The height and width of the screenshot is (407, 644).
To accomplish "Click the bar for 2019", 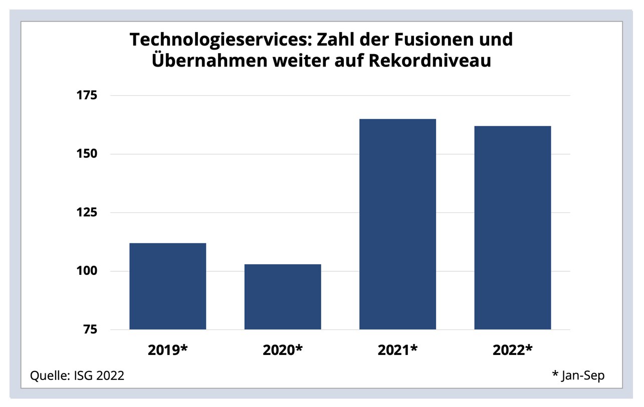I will (167, 286).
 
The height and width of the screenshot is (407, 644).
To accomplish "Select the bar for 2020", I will (283, 296).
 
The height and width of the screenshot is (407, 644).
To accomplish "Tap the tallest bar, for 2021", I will (398, 224).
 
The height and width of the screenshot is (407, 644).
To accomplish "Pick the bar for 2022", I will (513, 227).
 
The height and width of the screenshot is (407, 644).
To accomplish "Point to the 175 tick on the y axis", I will (88, 95).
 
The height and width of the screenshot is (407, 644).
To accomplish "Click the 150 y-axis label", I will (88, 154).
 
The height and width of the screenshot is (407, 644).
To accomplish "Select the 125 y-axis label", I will (88, 212).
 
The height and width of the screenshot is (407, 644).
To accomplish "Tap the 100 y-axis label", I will (88, 271).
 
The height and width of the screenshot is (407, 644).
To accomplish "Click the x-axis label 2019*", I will (168, 349).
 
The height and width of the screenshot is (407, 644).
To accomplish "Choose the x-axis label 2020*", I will (283, 349).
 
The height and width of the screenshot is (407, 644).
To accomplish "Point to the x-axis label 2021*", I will (398, 349).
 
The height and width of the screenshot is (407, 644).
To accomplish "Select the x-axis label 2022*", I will (512, 349).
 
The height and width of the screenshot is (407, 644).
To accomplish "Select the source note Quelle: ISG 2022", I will (77, 375).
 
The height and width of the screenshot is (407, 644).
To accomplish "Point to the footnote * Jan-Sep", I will (578, 375).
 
